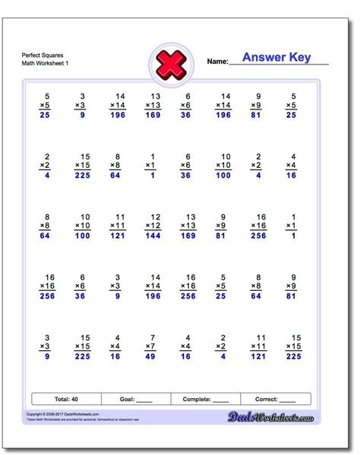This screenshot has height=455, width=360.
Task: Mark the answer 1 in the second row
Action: click(153, 175)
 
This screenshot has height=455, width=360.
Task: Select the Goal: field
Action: click(136, 398)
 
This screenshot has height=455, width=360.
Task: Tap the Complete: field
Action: click(206, 398)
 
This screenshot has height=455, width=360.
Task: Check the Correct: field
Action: click(276, 398)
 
